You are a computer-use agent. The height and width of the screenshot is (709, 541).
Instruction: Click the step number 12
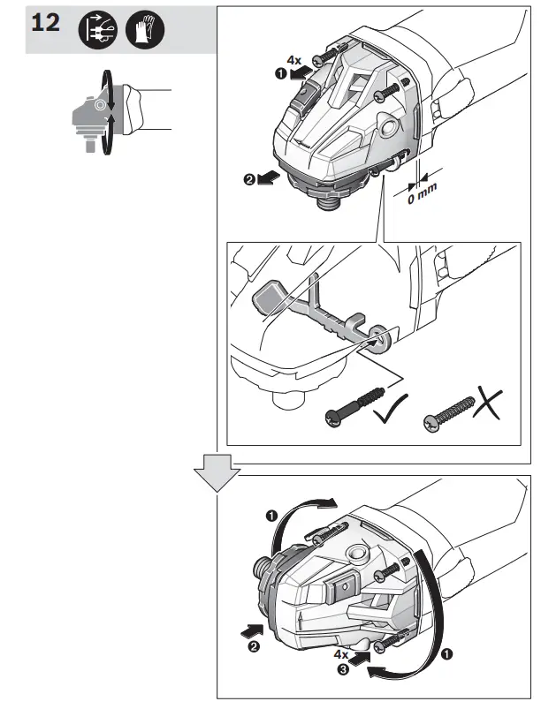46,23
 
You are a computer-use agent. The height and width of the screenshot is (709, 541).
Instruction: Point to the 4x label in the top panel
293,62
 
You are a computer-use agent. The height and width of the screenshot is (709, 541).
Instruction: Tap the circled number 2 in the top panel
250,179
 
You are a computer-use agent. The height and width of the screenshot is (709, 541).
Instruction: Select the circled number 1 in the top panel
282,76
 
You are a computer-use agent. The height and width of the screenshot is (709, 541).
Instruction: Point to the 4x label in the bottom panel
340,654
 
